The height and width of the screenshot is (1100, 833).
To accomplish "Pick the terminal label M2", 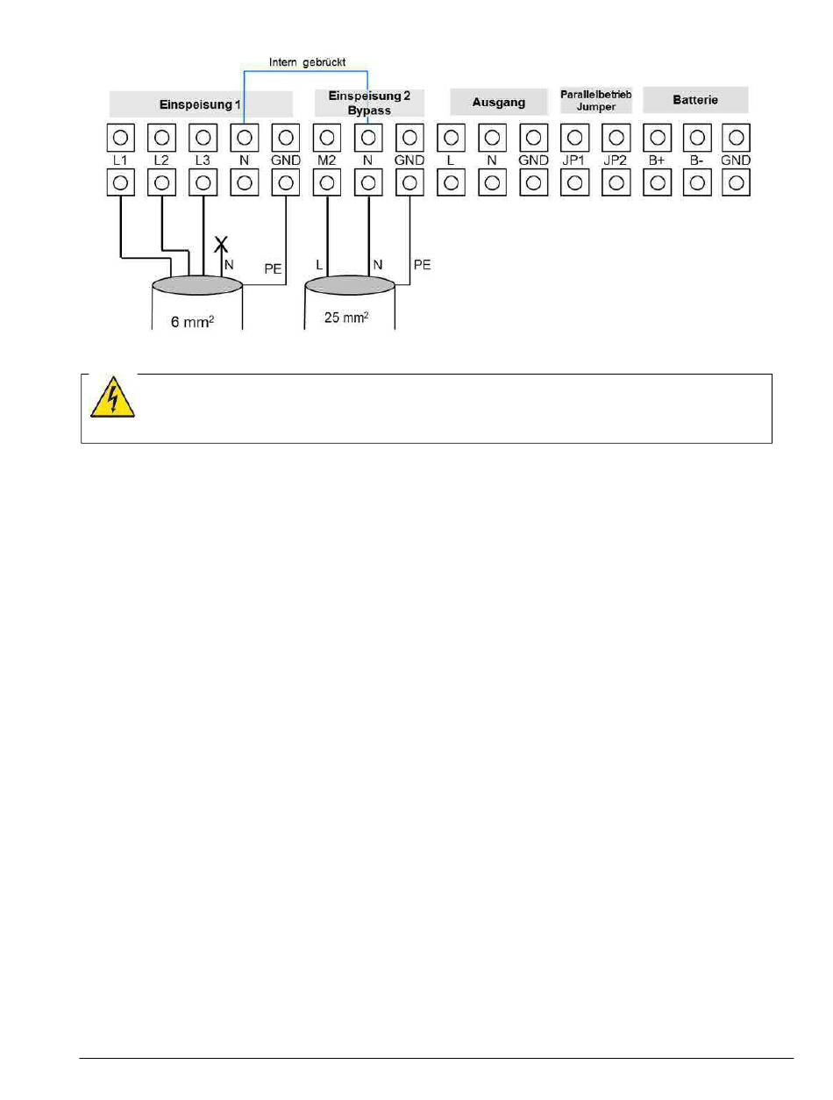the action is point(326,161).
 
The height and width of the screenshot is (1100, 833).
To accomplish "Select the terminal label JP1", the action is point(573,161).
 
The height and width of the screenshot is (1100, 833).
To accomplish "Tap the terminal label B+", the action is point(657,161).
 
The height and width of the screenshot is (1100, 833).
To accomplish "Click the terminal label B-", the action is point(698,161).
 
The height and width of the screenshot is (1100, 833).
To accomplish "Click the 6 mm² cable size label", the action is point(191,322).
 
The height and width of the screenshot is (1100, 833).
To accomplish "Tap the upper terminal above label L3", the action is point(203,137).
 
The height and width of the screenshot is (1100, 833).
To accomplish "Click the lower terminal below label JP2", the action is point(616,183).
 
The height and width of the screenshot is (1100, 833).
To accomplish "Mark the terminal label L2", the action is point(160,161).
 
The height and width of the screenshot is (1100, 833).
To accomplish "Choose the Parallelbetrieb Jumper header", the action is point(595,99).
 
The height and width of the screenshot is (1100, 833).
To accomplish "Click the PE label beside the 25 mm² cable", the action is point(422,265).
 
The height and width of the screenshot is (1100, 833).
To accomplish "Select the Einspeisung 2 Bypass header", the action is point(369,103).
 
